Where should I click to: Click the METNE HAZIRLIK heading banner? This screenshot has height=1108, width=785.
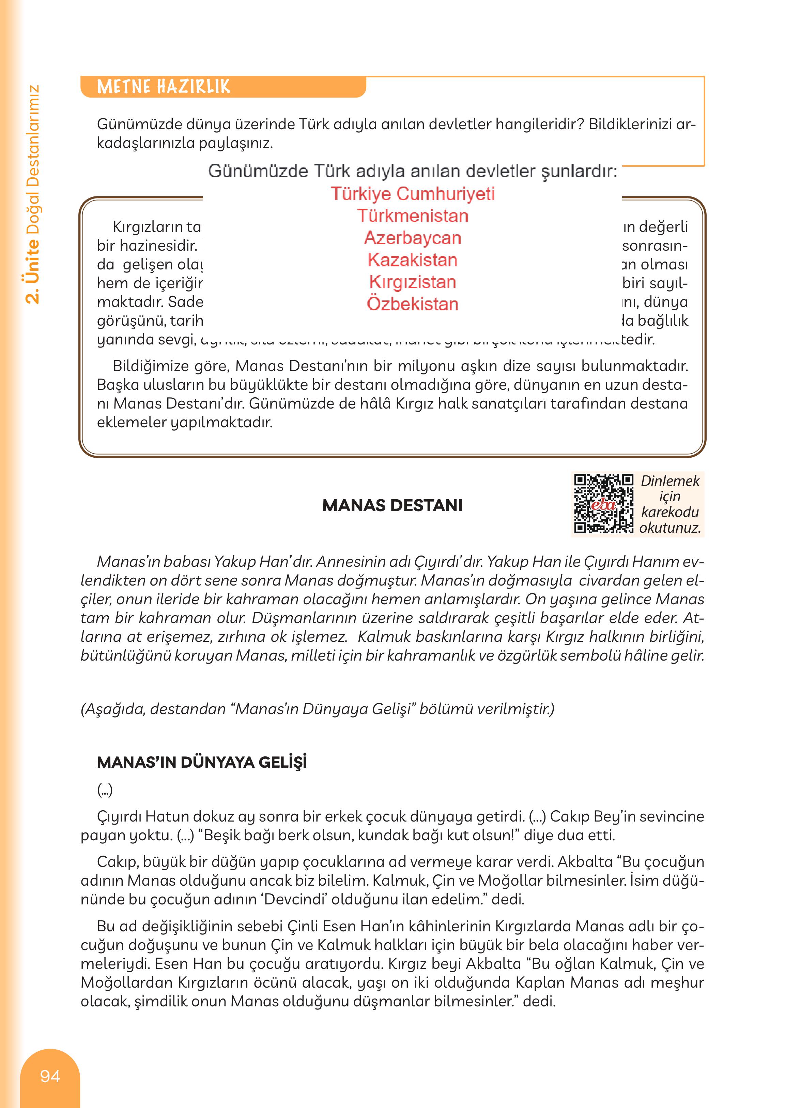[164, 87]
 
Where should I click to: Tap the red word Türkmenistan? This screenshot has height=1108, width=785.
[413, 216]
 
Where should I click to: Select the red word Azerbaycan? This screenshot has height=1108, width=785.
[413, 238]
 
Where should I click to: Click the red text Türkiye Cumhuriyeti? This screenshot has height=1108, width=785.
[413, 194]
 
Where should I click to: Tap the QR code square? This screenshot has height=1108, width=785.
[603, 504]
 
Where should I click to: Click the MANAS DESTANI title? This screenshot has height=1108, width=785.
[392, 505]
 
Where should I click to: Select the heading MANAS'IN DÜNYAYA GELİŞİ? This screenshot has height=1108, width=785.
[202, 763]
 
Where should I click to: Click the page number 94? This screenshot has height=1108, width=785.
[50, 1076]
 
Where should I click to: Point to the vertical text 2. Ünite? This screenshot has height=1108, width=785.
[33, 271]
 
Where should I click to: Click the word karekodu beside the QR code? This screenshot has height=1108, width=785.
[670, 512]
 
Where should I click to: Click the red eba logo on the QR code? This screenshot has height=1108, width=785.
[603, 505]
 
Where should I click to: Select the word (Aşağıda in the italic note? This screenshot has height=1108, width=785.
[113, 709]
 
